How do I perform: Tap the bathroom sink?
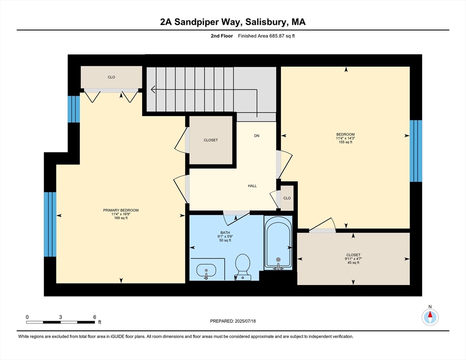pyautogui.click(x=206, y=270)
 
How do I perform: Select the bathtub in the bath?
pyautogui.click(x=278, y=242)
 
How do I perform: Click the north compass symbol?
pyautogui.click(x=430, y=317)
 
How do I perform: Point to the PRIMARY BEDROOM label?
pyautogui.click(x=121, y=210)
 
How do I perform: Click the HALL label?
pyautogui.click(x=252, y=186)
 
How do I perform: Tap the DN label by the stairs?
pyautogui.click(x=256, y=136)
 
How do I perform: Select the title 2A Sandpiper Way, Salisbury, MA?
pyautogui.click(x=233, y=22)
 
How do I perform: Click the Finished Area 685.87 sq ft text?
pyautogui.click(x=267, y=36)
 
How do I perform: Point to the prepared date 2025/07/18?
pyautogui.click(x=233, y=321)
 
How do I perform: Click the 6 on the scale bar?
pyautogui.click(x=94, y=317)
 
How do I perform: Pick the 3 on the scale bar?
pyautogui.click(x=60, y=317)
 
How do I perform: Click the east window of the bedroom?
pyautogui.click(x=415, y=151)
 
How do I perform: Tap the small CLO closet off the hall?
pyautogui.click(x=286, y=198)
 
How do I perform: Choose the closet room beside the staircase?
pyautogui.click(x=210, y=140)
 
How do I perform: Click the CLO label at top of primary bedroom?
pyautogui.click(x=111, y=77)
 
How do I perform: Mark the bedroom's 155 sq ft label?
pyautogui.click(x=345, y=142)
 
